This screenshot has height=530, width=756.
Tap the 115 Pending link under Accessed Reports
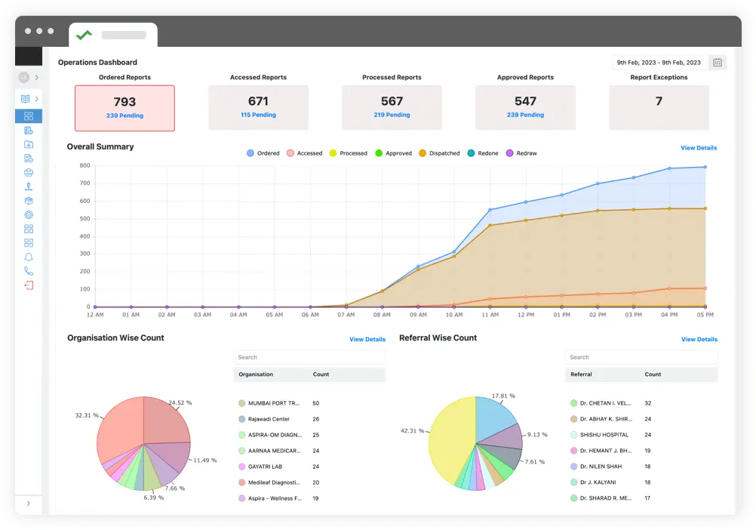click(x=258, y=116)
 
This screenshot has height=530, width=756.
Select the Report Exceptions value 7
click(x=659, y=101)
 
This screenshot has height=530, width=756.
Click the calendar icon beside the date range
click(x=718, y=63)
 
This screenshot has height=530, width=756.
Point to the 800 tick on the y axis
click(x=85, y=165)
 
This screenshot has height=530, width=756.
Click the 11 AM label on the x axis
click(x=490, y=315)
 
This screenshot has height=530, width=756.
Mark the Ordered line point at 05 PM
click(x=705, y=167)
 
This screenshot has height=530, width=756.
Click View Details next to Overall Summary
click(x=699, y=148)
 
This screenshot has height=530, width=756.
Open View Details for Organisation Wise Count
click(x=367, y=340)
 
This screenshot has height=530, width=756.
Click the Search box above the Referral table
click(x=641, y=357)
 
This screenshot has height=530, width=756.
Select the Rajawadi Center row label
click(x=270, y=419)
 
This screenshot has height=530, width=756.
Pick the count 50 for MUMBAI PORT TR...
click(x=315, y=403)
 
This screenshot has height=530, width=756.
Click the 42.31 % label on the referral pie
click(x=412, y=431)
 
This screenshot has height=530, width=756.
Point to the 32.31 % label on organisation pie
click(x=86, y=415)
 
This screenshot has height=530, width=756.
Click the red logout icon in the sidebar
click(x=29, y=285)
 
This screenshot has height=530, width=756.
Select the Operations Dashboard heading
click(x=97, y=63)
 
